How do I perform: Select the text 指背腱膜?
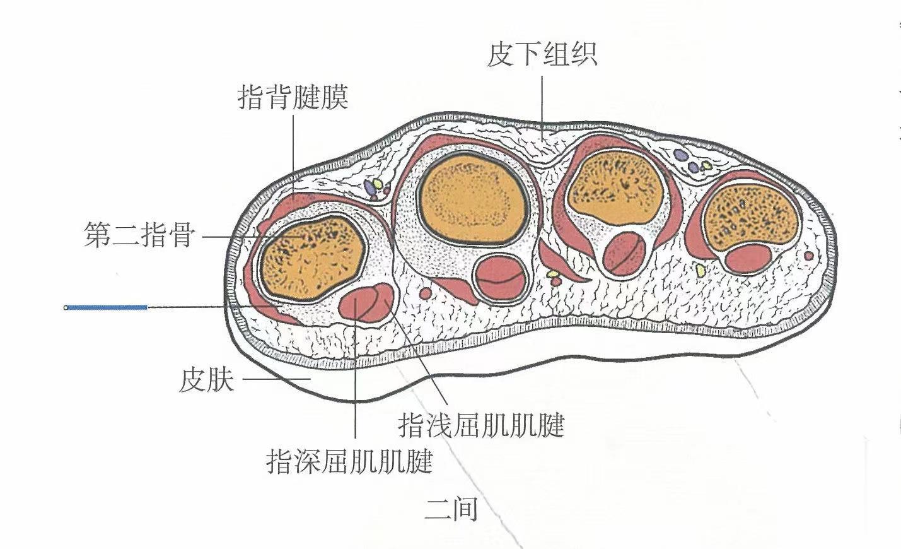point(293,98)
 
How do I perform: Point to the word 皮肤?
point(207,381)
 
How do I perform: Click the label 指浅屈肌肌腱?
point(481,425)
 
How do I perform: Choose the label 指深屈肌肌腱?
point(350,462)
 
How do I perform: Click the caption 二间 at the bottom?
point(451,509)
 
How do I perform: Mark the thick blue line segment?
point(107,307)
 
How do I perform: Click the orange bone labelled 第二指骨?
point(312,257)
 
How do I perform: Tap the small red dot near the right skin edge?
point(809,256)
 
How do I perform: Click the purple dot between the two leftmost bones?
point(369,187)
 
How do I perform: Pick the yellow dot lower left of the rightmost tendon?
point(700,270)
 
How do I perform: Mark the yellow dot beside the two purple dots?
point(707,165)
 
